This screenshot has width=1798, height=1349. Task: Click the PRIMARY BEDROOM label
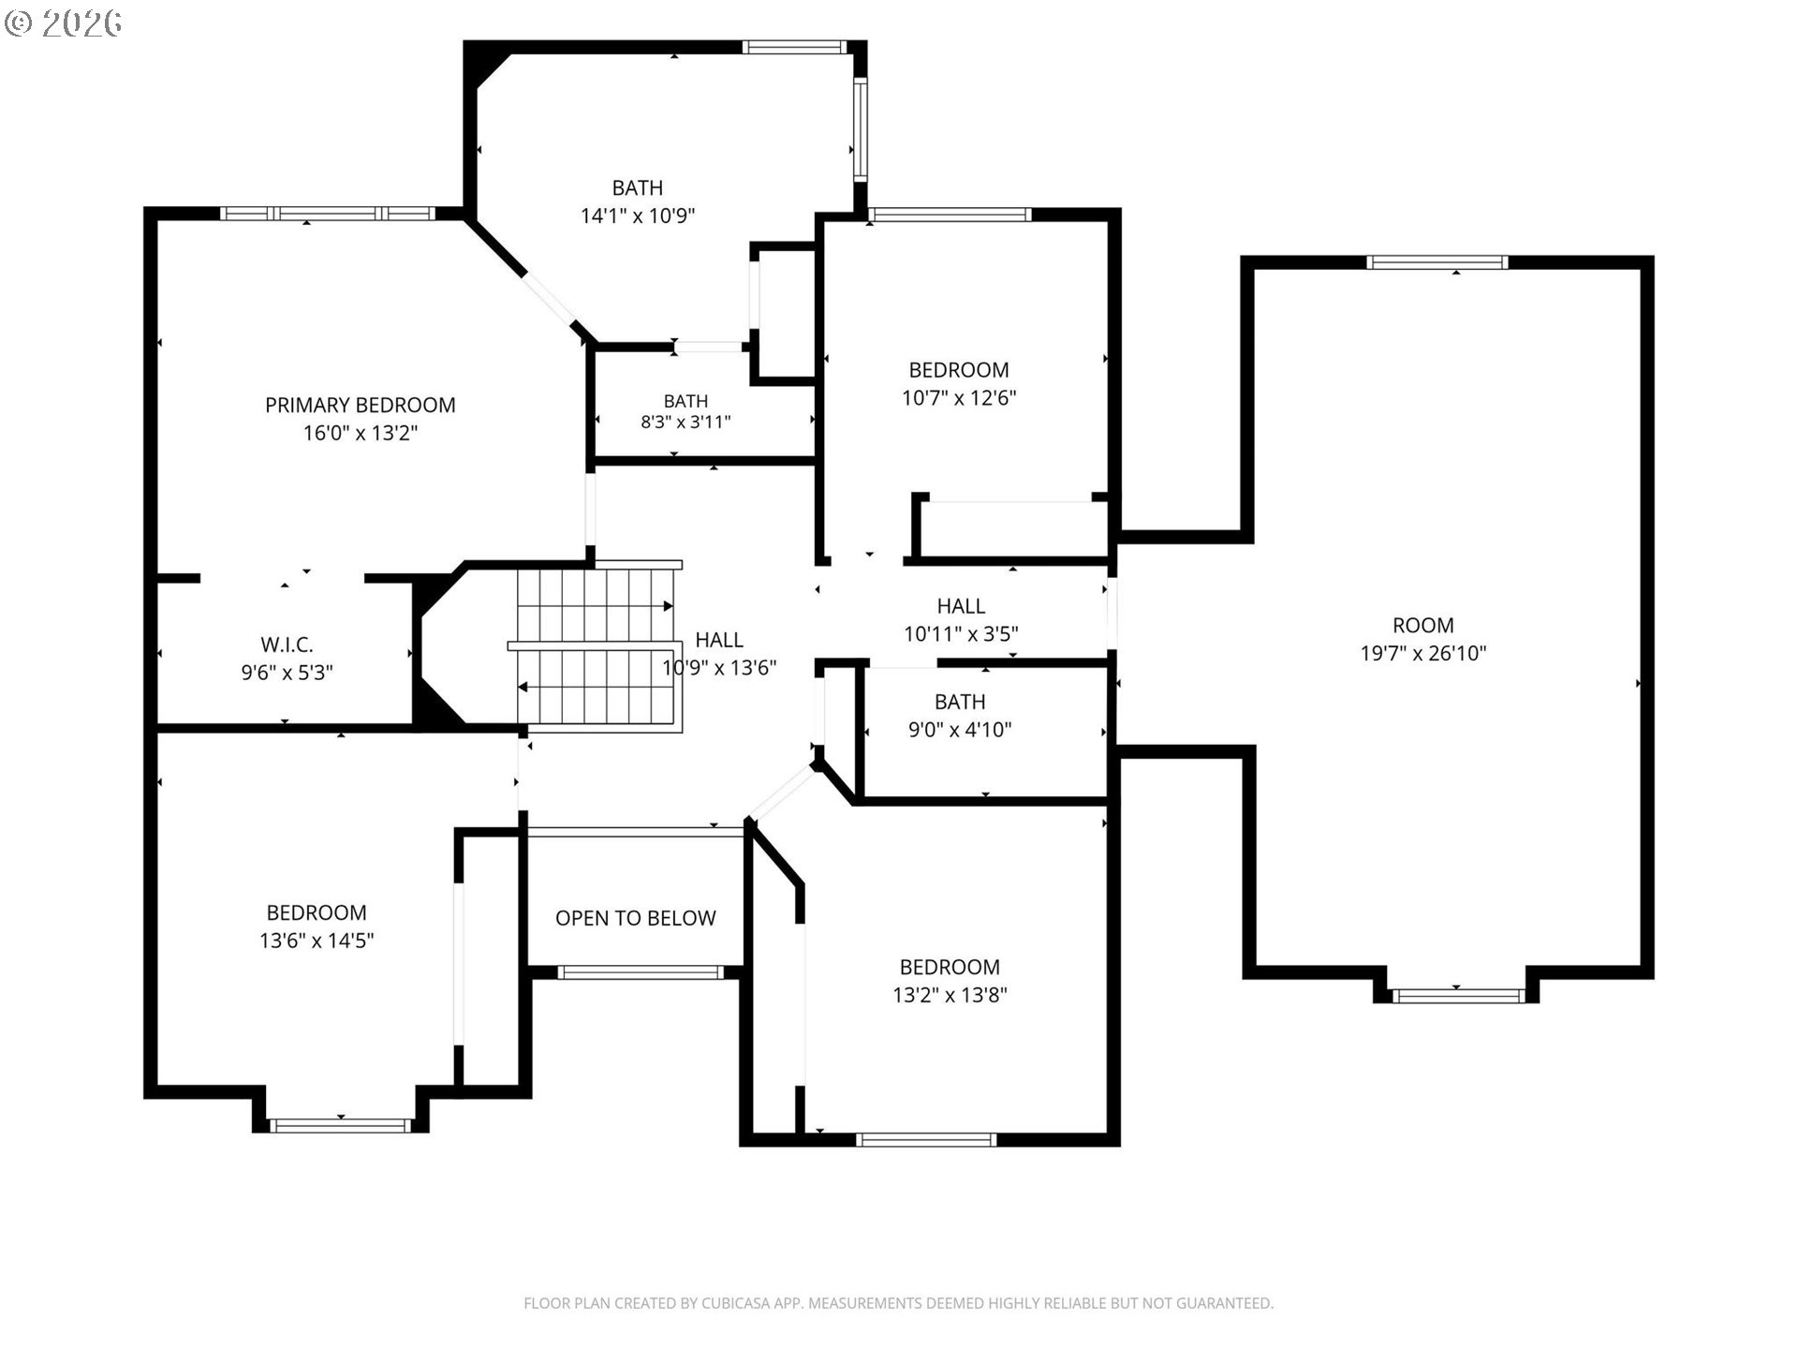point(361,405)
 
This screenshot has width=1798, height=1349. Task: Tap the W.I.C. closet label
point(287,645)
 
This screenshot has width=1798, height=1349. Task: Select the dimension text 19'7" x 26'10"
point(1423,653)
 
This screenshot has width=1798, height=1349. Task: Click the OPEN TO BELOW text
point(636,918)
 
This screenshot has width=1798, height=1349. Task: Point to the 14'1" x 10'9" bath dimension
point(638,215)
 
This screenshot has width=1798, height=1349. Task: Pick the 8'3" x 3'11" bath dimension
point(685,422)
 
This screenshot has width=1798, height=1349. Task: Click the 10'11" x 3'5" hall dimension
point(961,633)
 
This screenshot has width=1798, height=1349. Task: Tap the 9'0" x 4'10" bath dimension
point(960,729)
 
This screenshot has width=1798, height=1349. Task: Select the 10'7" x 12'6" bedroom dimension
point(959,397)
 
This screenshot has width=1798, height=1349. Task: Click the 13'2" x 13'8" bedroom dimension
point(950,994)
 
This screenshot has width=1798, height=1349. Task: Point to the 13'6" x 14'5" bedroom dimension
point(317,940)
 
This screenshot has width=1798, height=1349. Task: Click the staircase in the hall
point(596,646)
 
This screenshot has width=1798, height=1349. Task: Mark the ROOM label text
point(1423,625)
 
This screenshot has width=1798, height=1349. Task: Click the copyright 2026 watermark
point(63,23)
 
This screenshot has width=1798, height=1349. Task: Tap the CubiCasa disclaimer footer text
point(899,1303)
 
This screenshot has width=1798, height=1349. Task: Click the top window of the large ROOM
point(1437,262)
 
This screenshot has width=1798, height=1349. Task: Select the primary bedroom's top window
point(328,214)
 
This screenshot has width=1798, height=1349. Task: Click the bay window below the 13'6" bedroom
point(340,1125)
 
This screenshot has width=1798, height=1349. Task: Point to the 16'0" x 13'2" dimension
point(361,433)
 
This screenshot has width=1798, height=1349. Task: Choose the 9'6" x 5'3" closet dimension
point(287,672)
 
